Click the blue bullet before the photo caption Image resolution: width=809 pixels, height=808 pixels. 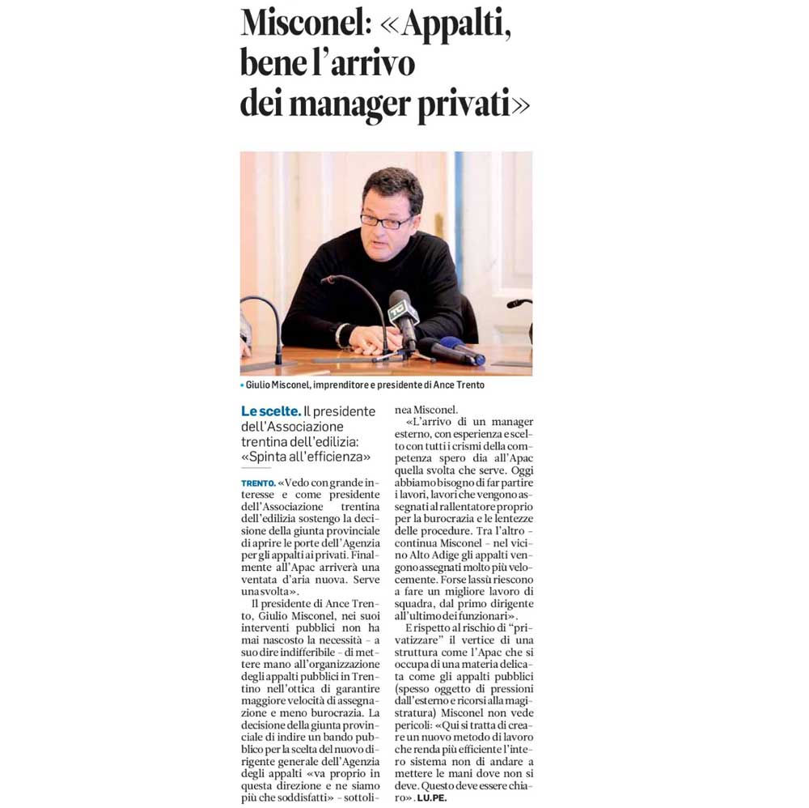tap(242, 385)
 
